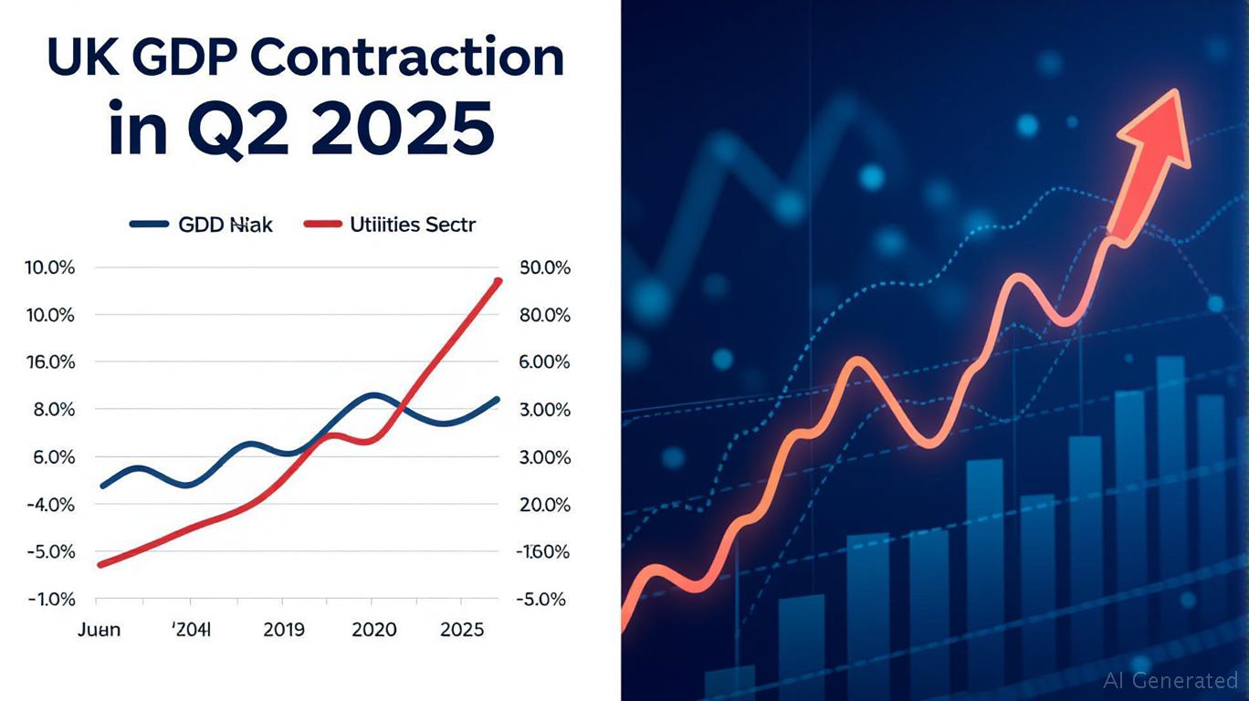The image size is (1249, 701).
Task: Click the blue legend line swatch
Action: (x=149, y=224)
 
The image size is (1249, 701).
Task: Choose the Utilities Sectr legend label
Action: (x=413, y=224)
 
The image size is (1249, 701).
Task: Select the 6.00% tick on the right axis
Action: (x=543, y=362)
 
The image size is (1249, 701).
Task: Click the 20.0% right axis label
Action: (x=543, y=505)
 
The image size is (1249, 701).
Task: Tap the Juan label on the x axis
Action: (x=99, y=630)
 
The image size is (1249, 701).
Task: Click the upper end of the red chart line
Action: (x=498, y=281)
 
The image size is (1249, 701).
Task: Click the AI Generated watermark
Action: (x=1170, y=680)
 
